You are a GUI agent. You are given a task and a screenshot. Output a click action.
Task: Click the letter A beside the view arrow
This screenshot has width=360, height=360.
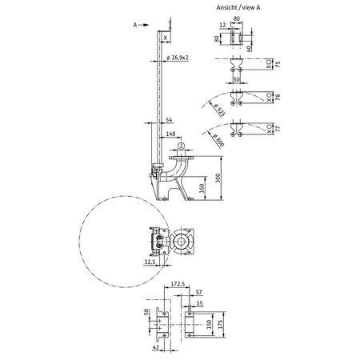[x=136, y=25]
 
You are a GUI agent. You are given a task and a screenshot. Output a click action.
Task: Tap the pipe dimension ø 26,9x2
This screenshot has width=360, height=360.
[x=180, y=58]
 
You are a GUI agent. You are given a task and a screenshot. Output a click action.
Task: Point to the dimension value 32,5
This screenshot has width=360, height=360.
[x=150, y=261]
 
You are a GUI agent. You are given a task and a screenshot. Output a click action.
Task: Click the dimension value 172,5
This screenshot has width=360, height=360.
[x=178, y=283]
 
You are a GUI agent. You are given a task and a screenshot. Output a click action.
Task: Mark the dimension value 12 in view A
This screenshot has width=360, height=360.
[x=225, y=24]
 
